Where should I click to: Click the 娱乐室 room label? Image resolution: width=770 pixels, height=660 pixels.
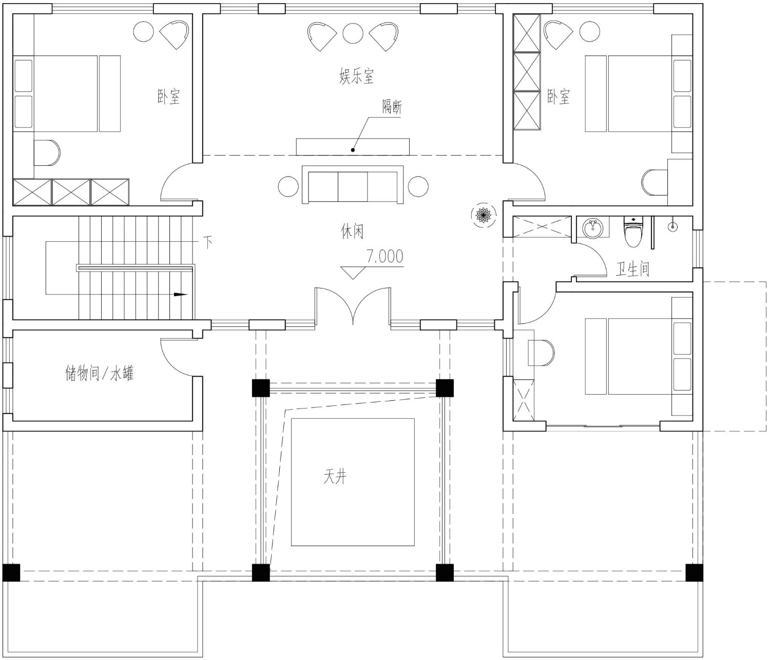(x=356, y=76)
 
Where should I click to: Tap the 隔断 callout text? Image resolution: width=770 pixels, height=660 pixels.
(x=392, y=107)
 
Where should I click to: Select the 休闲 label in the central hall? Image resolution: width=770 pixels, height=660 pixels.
(x=352, y=231)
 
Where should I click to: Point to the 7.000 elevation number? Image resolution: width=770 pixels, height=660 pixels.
(x=385, y=256)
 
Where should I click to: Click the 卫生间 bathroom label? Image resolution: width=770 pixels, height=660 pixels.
(x=632, y=269)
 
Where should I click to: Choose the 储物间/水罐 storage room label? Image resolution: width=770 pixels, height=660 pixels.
(x=99, y=373)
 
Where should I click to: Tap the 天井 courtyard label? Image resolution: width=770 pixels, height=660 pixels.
(x=335, y=477)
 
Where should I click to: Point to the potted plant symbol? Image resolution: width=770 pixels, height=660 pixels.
(x=484, y=215)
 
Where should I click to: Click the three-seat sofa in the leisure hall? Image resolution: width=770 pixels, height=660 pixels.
(x=353, y=184)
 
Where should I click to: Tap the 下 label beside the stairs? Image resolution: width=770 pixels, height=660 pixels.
(x=208, y=242)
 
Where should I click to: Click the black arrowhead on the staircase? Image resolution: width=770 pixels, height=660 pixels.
(x=180, y=294)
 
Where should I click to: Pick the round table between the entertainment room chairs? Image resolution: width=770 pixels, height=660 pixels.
(x=353, y=33)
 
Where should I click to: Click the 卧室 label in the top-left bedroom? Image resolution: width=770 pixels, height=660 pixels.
(x=168, y=96)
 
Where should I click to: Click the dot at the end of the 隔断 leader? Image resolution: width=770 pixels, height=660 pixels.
(x=353, y=150)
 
